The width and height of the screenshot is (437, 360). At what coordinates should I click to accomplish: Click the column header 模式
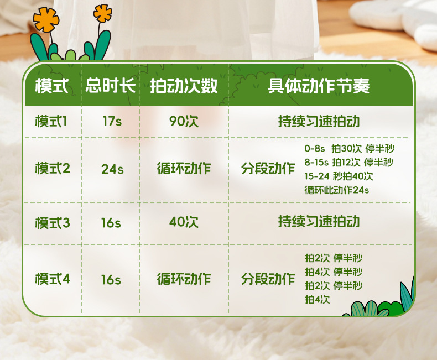tap(52, 86)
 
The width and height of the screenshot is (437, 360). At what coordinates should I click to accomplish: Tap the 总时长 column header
tap(111, 85)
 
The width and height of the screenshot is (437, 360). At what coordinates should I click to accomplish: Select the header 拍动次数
tap(184, 86)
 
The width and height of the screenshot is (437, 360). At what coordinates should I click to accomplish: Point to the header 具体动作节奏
tap(319, 86)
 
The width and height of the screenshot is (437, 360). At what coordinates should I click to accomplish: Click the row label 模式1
tap(51, 122)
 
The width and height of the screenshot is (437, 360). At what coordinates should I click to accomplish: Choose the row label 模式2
tap(53, 168)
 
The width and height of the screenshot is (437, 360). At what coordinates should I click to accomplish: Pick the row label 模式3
tap(53, 223)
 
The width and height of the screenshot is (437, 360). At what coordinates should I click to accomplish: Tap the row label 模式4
tap(53, 279)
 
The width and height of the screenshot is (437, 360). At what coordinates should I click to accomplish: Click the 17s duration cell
tap(112, 121)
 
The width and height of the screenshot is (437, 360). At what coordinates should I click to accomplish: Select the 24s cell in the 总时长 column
tap(112, 169)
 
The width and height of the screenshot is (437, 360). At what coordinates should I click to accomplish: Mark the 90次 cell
tap(184, 121)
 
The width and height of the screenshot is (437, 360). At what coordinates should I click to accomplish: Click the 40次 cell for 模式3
tap(184, 222)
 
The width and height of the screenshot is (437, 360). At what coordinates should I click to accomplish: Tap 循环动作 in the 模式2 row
tap(184, 169)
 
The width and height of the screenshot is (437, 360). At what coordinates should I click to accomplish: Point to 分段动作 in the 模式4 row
tap(268, 279)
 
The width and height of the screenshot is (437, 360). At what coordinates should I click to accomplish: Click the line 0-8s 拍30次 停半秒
tap(349, 149)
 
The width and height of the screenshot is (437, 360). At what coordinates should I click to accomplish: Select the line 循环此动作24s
tap(337, 190)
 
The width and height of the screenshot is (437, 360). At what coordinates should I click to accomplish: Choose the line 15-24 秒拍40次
tap(339, 176)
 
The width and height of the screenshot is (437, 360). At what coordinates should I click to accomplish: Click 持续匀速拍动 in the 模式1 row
tap(319, 122)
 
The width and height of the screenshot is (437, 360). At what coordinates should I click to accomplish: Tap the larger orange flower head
tap(46, 19)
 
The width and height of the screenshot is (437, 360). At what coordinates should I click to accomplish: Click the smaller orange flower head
tap(102, 13)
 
